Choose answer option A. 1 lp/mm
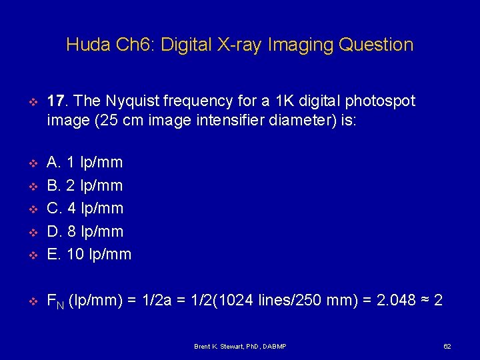[x=85, y=162]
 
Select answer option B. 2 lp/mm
[x=85, y=185]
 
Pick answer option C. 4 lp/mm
[x=85, y=208]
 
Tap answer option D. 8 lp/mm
[x=85, y=231]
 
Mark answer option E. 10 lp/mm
[x=89, y=254]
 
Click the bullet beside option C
[x=31, y=209]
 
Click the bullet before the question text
[x=31, y=102]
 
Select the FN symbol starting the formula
[x=56, y=302]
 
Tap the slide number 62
[x=447, y=347]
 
